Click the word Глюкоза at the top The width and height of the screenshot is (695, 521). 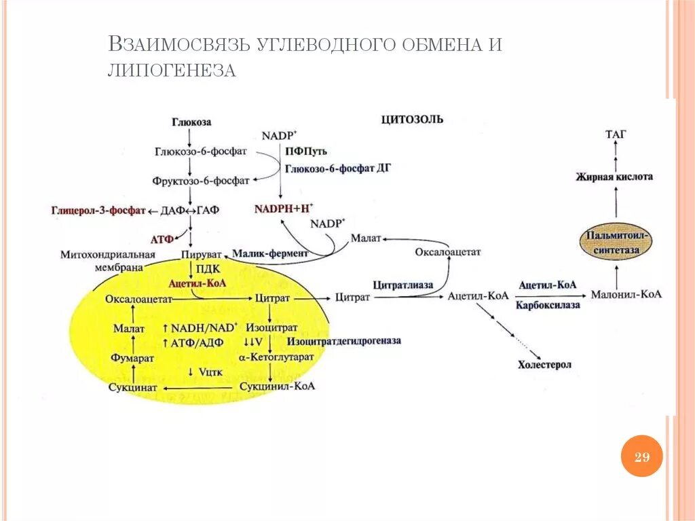pos(191,122)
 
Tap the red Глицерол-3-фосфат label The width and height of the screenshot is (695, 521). pos(98,211)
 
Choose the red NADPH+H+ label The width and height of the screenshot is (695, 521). pos(284,209)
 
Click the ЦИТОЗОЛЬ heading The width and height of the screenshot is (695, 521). pos(412,120)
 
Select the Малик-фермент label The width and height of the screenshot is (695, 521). pos(269,253)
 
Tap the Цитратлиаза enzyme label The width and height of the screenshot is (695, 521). pos(402,285)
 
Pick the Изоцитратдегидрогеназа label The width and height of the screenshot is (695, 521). pos(344,340)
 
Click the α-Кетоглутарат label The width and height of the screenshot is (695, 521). pos(276,356)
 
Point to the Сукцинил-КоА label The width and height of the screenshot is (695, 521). pos(277,386)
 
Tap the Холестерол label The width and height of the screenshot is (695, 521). pos(544,365)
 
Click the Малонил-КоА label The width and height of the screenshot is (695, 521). pos(626,295)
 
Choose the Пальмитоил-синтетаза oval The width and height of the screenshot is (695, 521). pos(616,242)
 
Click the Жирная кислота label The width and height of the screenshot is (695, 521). pos(614,177)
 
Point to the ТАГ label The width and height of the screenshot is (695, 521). pos(615,134)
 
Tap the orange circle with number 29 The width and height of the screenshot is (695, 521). pos(641,456)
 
